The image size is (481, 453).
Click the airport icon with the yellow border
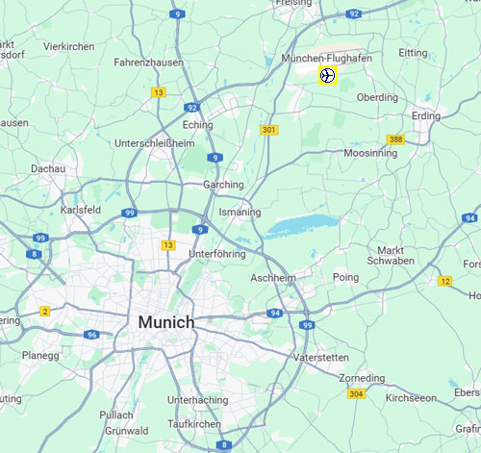(327, 75)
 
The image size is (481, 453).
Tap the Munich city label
(165, 322)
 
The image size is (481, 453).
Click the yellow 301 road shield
(268, 130)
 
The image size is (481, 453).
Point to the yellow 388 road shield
(395, 139)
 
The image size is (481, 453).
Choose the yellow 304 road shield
(356, 393)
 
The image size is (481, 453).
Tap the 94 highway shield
(275, 314)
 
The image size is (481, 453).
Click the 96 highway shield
(91, 335)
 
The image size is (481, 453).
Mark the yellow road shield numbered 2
(44, 311)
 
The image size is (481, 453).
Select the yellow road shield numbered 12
(444, 281)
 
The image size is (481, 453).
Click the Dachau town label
(47, 168)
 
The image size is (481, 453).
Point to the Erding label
(425, 116)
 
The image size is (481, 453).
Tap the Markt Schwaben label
(390, 256)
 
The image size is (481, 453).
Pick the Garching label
(223, 185)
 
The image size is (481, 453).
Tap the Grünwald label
(127, 431)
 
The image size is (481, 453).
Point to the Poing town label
(345, 277)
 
